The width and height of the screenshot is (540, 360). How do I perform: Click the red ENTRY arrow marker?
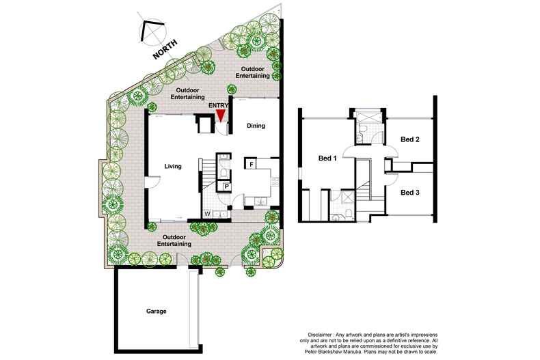tap(220, 115)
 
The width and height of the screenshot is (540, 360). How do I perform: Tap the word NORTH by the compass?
tap(165, 49)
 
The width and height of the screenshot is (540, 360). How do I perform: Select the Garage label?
tap(157, 311)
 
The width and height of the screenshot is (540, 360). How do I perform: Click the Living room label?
tap(173, 166)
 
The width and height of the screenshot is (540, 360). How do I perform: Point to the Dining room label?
tap(256, 126)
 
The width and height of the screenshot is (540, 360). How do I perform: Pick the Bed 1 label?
tap(327, 158)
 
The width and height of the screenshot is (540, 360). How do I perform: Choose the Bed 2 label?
tap(410, 139)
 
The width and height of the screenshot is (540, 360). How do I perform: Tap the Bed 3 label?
tap(410, 193)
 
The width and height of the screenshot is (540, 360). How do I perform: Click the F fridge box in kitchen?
tap(252, 164)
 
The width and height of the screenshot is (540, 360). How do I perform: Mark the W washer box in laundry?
tap(208, 214)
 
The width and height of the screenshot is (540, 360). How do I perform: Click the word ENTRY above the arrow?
tap(218, 105)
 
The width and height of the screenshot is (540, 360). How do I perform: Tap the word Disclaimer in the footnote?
tap(320, 335)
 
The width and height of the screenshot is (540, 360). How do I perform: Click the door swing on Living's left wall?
tap(154, 182)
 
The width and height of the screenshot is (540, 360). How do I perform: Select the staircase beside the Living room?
tap(208, 175)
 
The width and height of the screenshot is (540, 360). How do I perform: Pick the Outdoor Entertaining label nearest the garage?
tap(174, 240)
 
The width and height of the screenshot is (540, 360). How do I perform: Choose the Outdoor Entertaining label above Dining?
tap(255, 72)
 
